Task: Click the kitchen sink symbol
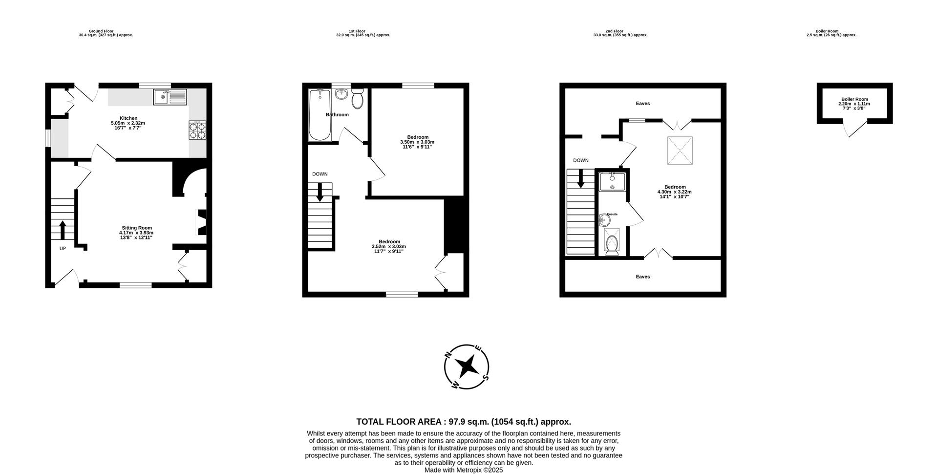(170, 97)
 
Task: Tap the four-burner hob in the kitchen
(197, 130)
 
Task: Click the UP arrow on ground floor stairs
(63, 230)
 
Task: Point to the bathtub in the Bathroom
(320, 115)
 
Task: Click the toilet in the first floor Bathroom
(357, 99)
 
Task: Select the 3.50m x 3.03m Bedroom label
(417, 142)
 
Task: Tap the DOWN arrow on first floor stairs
(320, 192)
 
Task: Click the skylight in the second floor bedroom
(680, 150)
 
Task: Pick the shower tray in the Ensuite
(612, 181)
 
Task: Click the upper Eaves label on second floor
(642, 104)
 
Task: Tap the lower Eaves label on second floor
(642, 277)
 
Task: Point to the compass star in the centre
(467, 366)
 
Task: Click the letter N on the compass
(448, 355)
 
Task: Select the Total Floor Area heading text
(463, 422)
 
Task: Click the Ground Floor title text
(101, 31)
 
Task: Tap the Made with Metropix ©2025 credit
(463, 470)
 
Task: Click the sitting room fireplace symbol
(201, 222)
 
